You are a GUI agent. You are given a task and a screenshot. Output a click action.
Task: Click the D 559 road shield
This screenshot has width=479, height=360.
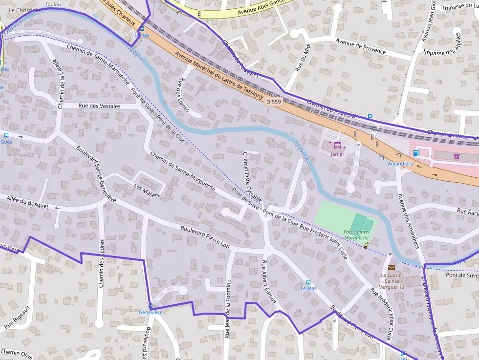click(x=273, y=102)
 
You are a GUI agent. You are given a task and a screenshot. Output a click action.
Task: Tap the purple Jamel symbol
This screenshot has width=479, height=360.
click(x=337, y=146)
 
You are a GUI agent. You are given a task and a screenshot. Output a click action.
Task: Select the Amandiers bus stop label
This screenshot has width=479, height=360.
click(x=400, y=164)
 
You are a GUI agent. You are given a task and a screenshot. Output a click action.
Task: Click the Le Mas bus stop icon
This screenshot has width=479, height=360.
click(x=308, y=282)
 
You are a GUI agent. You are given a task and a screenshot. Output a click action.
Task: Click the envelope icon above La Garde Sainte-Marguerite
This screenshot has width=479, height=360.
click(x=391, y=267)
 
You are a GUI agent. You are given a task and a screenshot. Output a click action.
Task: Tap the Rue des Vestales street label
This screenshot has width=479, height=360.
click(x=99, y=106)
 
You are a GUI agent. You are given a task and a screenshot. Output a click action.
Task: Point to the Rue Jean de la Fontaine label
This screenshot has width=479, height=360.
click(x=228, y=309)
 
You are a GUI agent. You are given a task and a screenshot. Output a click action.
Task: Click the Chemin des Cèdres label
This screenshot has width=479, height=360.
click(x=102, y=263)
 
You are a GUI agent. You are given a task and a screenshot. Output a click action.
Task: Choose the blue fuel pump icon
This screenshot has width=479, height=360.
click(x=416, y=152)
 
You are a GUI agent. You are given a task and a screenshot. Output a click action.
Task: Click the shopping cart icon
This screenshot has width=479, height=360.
click(x=457, y=156)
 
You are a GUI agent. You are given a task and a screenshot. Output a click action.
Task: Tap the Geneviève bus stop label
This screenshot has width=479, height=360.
click(x=150, y=312)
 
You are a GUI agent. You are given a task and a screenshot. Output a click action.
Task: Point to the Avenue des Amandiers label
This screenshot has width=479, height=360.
click(x=408, y=221)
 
